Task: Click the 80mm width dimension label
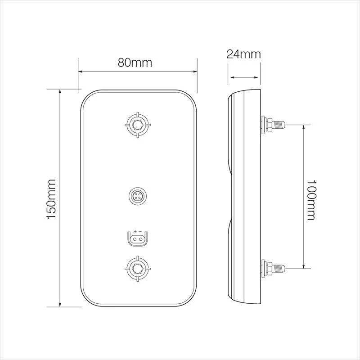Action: coord(135,63)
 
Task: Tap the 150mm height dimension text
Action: coord(51,199)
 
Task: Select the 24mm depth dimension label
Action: coord(243,54)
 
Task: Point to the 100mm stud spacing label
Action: coord(311,200)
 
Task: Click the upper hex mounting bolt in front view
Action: coord(138,125)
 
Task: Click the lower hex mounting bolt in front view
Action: coord(138,269)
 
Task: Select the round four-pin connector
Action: coord(138,196)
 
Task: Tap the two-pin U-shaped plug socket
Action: coord(138,239)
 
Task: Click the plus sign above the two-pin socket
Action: coord(135,231)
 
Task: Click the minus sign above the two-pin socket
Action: coord(140,231)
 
